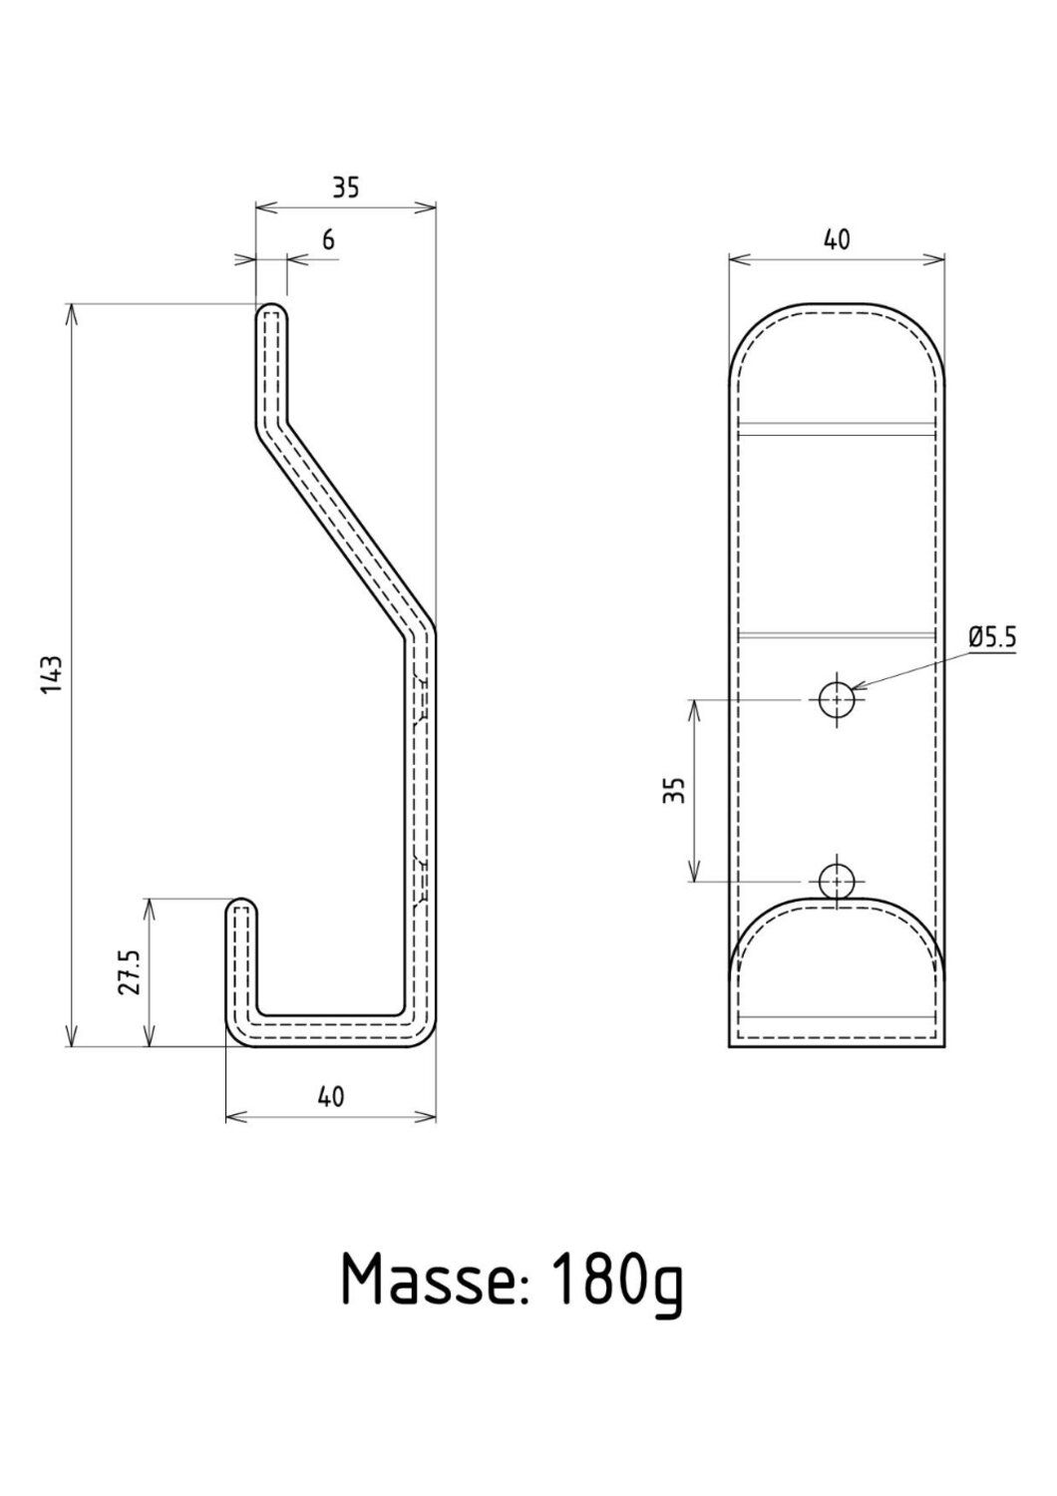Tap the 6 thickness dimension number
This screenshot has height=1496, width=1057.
click(328, 240)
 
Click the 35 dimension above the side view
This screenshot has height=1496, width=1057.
click(345, 187)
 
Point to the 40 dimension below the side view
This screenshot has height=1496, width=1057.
click(331, 1096)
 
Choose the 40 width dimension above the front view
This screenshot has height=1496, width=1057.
click(836, 239)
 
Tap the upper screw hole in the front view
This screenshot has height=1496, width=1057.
click(836, 700)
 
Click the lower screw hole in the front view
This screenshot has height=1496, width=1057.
click(836, 882)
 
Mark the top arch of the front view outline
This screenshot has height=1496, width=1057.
click(836, 303)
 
